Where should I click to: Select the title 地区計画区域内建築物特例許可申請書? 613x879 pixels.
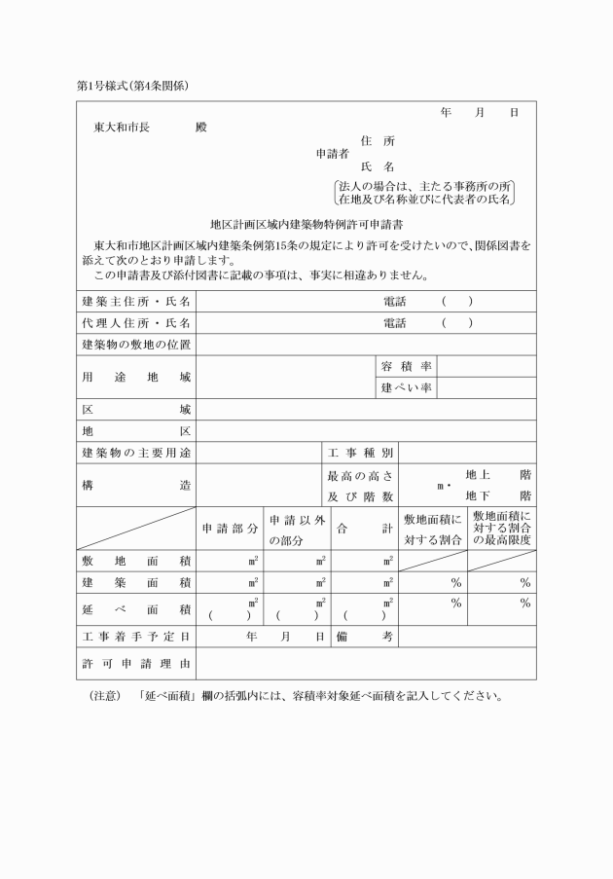pyautogui.click(x=306, y=223)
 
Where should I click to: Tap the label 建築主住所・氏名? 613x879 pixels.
pyautogui.click(x=136, y=302)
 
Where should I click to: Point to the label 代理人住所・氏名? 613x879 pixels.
pyautogui.click(x=136, y=323)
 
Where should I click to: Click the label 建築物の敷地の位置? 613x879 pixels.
pyautogui.click(x=136, y=345)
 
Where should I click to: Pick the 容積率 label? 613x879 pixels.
pyautogui.click(x=406, y=366)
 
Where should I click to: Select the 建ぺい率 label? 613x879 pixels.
pyautogui.click(x=406, y=388)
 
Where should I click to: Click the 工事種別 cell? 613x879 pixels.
pyautogui.click(x=360, y=453)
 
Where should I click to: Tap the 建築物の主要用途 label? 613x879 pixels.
pyautogui.click(x=136, y=453)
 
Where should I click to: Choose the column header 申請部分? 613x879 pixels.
pyautogui.click(x=230, y=528)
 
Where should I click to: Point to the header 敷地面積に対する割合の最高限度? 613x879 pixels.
pyautogui.click(x=501, y=528)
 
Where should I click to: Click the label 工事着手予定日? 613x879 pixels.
pyautogui.click(x=136, y=636)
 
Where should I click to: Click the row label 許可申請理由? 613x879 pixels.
pyautogui.click(x=136, y=663)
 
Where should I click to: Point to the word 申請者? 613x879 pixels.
pyautogui.click(x=333, y=154)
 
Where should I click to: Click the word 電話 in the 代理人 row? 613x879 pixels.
pyautogui.click(x=394, y=323)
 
